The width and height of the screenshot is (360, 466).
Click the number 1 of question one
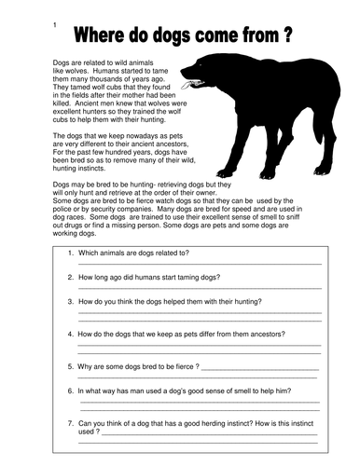[70, 253]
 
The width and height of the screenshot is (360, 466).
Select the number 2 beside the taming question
[70, 277]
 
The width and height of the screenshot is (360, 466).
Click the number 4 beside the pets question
[70, 333]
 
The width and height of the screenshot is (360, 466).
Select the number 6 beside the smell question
[70, 389]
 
